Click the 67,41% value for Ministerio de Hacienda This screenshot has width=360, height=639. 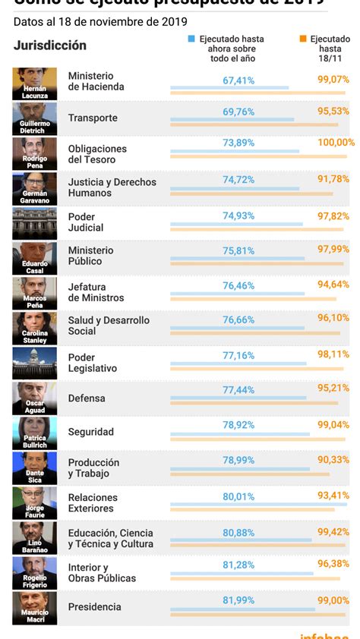pyautogui.click(x=238, y=80)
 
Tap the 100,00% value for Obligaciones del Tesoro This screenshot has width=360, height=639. pyautogui.click(x=336, y=143)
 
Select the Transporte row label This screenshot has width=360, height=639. pyautogui.click(x=93, y=118)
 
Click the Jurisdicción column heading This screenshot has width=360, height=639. pyautogui.click(x=50, y=46)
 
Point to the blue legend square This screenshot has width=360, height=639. pyautogui.click(x=192, y=38)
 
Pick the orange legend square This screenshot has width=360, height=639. pyautogui.click(x=303, y=38)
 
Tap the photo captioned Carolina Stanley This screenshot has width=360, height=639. pyautogui.click(x=34, y=328)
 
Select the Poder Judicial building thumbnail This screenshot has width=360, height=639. pyautogui.click(x=34, y=223)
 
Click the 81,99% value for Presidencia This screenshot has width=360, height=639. pyautogui.click(x=238, y=600)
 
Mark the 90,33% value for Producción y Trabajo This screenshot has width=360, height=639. pyautogui.click(x=333, y=460)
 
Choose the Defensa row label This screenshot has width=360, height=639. pyautogui.click(x=87, y=398)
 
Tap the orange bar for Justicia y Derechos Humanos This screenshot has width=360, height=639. pyautogui.click(x=251, y=194)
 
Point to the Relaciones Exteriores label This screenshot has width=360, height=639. pyautogui.click(x=93, y=502)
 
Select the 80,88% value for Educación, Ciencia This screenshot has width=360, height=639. pyautogui.click(x=238, y=533)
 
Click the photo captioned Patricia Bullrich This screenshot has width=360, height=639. pyautogui.click(x=34, y=433)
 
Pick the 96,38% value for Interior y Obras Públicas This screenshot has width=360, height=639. pyautogui.click(x=333, y=564)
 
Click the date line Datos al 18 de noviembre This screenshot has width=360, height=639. pyautogui.click(x=100, y=21)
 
